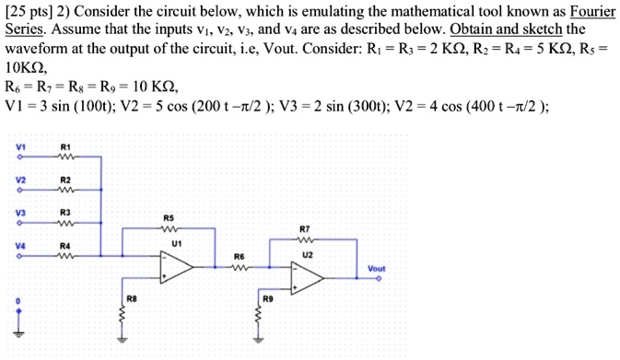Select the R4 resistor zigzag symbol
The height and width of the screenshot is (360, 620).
(x=64, y=255)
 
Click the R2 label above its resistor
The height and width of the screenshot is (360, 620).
(x=64, y=179)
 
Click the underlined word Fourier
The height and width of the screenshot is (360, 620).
(x=591, y=11)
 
